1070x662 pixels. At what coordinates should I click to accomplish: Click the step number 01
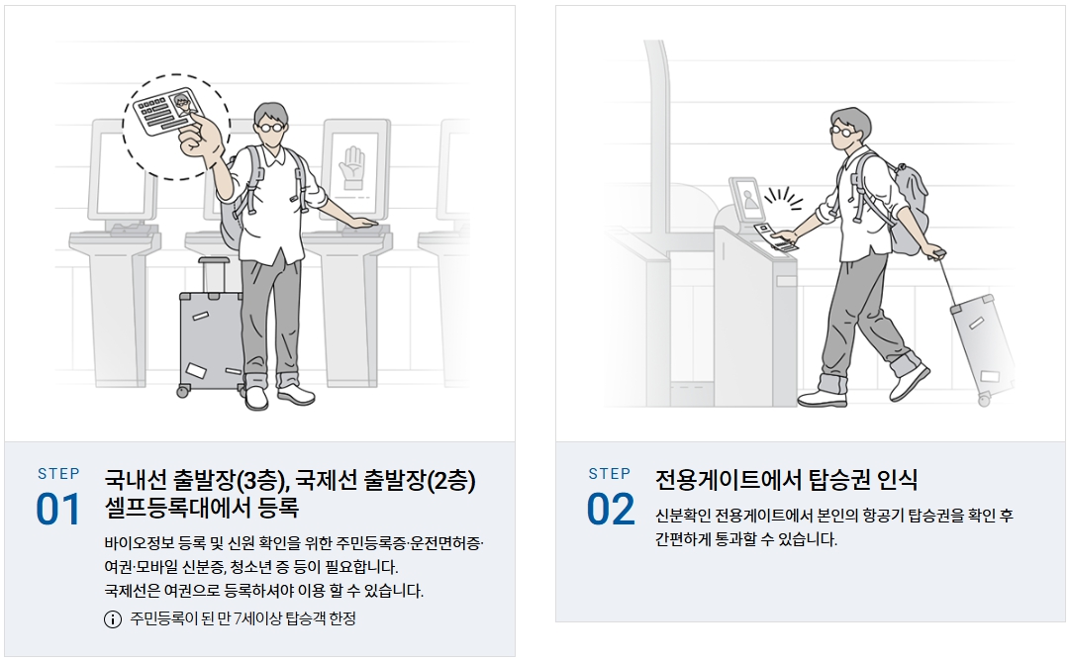(58, 510)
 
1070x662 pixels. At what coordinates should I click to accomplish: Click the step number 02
(610, 510)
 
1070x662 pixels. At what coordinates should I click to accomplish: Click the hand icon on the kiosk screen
(353, 167)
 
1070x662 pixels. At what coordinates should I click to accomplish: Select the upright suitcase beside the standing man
(210, 328)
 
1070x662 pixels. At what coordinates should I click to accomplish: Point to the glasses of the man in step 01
(270, 127)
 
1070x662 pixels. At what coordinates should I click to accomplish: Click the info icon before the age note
(113, 619)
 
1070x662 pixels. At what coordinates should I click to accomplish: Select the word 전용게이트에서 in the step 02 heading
(729, 480)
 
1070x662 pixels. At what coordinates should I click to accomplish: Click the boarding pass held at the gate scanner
(776, 236)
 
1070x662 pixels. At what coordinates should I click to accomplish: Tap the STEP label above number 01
(58, 474)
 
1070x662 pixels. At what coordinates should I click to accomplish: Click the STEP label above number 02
(610, 474)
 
